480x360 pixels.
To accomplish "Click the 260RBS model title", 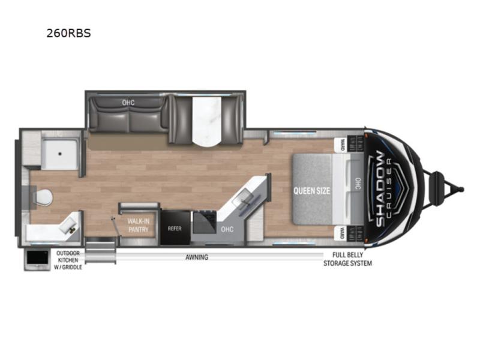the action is point(68,33).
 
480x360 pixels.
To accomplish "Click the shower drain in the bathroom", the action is point(60,154).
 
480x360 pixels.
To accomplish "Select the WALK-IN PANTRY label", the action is point(139,225).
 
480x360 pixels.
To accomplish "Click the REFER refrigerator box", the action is point(175,227).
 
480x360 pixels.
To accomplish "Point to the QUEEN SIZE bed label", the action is point(311,191).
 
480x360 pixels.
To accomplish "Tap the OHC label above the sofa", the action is point(128,102).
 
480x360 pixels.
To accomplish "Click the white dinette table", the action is point(206,122).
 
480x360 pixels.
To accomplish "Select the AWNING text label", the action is point(197,257).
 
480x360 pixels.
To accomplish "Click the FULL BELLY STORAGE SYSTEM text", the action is point(348,259).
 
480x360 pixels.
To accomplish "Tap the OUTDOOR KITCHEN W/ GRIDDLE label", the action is point(68,260).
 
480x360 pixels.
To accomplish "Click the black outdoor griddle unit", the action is point(37,259).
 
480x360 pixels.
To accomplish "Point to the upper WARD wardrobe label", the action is point(343,145).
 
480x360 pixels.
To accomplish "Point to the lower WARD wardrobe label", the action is point(343,233).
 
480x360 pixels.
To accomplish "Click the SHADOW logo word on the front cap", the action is point(380,189).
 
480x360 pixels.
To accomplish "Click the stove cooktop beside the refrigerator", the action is point(205,222).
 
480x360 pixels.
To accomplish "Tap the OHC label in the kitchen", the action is point(227,229).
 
